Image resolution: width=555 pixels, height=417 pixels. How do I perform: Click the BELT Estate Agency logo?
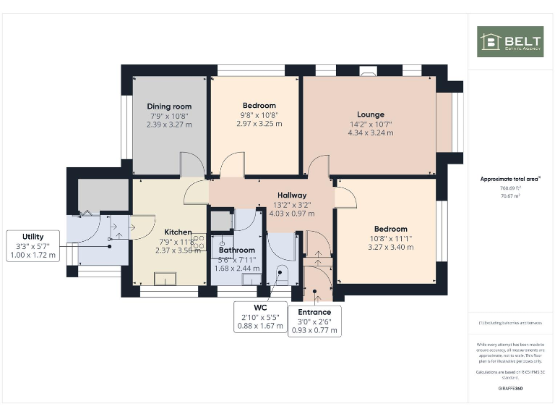tap(509, 41)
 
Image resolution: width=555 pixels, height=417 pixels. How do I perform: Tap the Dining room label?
tap(169, 106)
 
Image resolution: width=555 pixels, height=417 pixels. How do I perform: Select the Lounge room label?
tap(370, 114)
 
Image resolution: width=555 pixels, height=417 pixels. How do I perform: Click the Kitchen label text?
tap(178, 232)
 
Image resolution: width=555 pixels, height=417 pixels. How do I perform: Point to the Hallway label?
tap(292, 195)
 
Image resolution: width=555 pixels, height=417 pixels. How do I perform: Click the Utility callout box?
tap(33, 245)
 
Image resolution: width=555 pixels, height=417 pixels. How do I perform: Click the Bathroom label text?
tap(237, 250)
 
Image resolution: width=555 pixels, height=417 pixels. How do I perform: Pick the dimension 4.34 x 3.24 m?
tap(370, 132)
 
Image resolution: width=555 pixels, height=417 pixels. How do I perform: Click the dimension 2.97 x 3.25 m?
tap(259, 124)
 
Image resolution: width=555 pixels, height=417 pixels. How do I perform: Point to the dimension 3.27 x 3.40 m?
tap(390, 247)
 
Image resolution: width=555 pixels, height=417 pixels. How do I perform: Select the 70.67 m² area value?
tap(510, 195)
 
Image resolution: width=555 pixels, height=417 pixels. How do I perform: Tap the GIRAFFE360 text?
tap(510, 389)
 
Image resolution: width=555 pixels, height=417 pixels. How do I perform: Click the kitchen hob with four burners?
tap(198, 242)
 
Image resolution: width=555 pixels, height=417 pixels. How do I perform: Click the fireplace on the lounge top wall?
tap(368, 71)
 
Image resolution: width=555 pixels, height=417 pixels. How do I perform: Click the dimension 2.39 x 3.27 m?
tap(169, 124)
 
